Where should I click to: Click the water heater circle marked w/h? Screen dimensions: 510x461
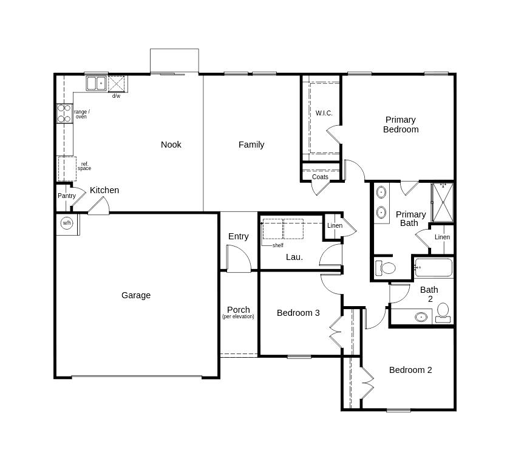coord(67,223)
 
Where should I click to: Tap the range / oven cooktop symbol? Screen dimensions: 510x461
coord(64,114)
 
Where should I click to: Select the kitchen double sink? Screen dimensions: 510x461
coord(97,83)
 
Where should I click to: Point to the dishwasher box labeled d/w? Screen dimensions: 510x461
coord(116,84)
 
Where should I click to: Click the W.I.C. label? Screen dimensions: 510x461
coord(324,113)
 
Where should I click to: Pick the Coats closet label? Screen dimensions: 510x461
coord(320,177)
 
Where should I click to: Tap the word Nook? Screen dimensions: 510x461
coord(171,145)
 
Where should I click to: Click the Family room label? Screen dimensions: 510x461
coord(251,145)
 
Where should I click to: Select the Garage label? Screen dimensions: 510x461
coord(136,295)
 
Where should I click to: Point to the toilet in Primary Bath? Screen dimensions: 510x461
coord(386,268)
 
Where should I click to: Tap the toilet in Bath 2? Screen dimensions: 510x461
coord(443,312)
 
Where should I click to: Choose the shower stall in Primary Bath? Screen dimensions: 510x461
coord(443,202)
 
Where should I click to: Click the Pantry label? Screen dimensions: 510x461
coord(67,196)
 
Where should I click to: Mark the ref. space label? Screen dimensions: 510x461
coord(84,166)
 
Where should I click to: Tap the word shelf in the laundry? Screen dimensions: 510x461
coord(278,245)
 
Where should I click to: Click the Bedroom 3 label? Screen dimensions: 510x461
coord(298,313)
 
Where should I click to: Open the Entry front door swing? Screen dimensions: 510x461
coord(239,259)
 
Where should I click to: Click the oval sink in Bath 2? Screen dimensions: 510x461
coord(421,316)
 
